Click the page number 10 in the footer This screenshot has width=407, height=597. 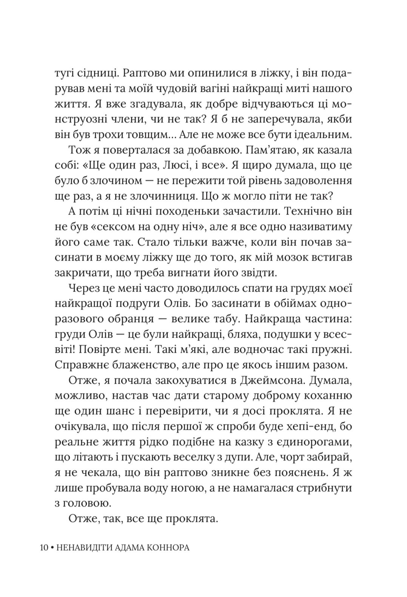43,547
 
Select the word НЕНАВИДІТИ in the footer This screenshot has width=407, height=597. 80,547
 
